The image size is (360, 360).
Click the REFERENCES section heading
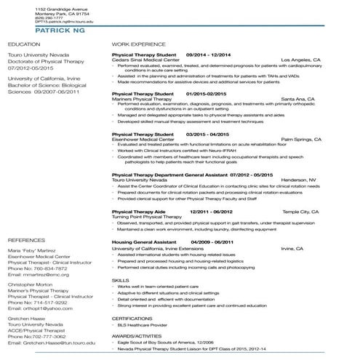26,239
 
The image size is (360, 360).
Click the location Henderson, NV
299,178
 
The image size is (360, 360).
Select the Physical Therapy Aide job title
139,211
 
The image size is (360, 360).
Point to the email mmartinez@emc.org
44,275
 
